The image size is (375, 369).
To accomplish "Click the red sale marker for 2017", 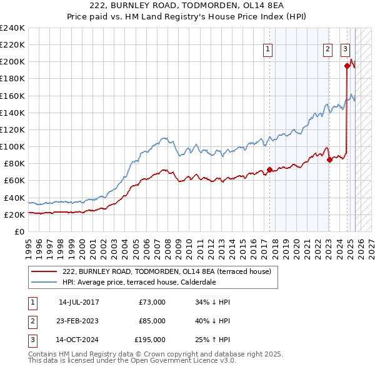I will (269, 169).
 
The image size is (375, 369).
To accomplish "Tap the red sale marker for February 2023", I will (329, 159).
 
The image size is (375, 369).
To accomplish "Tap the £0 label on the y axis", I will (20, 231).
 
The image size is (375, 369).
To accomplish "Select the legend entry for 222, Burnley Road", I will (166, 272).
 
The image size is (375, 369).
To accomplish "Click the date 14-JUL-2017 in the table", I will (79, 302).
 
